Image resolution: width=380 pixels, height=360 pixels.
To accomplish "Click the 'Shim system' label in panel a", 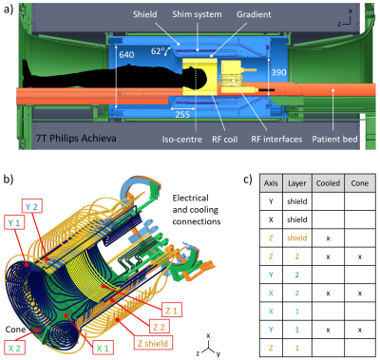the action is (x=197, y=14).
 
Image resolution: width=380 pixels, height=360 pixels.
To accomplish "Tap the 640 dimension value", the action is (x=126, y=55).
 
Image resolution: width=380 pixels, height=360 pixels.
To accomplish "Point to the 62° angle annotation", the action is (x=158, y=50).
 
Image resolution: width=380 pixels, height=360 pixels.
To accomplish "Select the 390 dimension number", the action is (x=278, y=72).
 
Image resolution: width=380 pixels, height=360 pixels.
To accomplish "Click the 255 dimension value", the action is (x=182, y=114).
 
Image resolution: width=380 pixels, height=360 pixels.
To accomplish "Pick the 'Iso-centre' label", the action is (x=182, y=140).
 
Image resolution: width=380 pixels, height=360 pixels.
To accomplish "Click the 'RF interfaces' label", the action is (x=276, y=140).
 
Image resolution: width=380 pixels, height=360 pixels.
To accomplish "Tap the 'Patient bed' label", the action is (x=334, y=140).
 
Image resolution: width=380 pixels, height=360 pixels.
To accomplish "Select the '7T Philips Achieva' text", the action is (x=76, y=139).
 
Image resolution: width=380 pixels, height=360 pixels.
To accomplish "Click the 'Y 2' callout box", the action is (x=32, y=206).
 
